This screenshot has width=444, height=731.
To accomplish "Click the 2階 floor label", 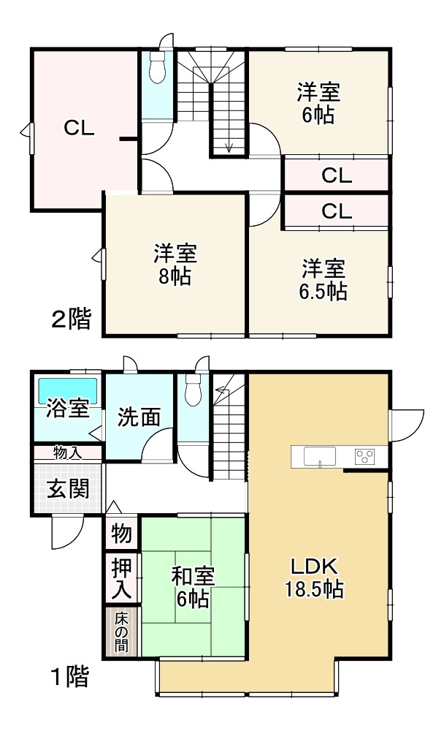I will [x=72, y=319].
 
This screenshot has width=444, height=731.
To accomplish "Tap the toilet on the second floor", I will [x=156, y=70].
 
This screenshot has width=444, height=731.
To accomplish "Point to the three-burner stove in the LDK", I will [x=364, y=457].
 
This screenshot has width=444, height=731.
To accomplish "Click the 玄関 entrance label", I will [x=69, y=489].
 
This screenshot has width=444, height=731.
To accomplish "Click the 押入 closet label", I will [x=120, y=577].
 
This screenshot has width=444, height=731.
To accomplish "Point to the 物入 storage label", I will [x=67, y=452].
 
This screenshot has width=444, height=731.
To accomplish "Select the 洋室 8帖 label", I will [x=175, y=265].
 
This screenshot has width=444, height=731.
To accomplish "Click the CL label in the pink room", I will [x=78, y=129].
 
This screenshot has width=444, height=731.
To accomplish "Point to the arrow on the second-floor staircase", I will [x=229, y=147].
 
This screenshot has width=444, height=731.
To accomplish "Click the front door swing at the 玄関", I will [x=66, y=532].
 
